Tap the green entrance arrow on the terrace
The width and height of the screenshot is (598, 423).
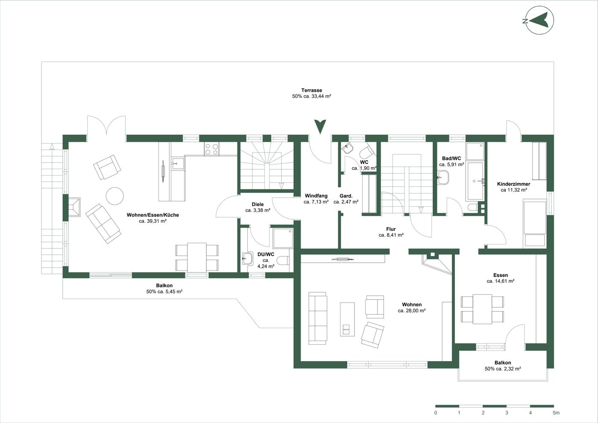click(320, 126)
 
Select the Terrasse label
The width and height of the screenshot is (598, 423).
click(311, 90)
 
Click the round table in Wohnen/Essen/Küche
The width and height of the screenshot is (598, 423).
click(115, 196)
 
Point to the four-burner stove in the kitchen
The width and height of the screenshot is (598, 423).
click(211, 149)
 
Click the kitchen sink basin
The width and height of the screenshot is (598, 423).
click(178, 164)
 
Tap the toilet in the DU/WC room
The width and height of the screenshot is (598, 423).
click(283, 260)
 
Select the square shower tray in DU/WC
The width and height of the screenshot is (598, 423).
click(283, 238)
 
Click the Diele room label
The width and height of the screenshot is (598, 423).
click(258, 204)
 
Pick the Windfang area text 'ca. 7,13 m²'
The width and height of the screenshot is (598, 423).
click(316, 202)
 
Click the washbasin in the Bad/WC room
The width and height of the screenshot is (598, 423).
click(443, 177)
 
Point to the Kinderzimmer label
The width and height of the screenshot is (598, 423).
click(513, 184)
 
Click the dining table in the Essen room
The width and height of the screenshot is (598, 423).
click(482, 309)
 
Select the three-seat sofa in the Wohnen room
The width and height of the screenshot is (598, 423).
click(318, 318)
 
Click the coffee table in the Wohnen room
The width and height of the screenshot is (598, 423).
click(347, 319)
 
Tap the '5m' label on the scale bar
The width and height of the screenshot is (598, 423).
click(556, 413)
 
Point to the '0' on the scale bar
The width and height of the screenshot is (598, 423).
click(436, 413)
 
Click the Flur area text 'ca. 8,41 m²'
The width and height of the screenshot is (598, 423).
click(391, 235)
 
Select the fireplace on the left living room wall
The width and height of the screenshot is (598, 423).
click(74, 207)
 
